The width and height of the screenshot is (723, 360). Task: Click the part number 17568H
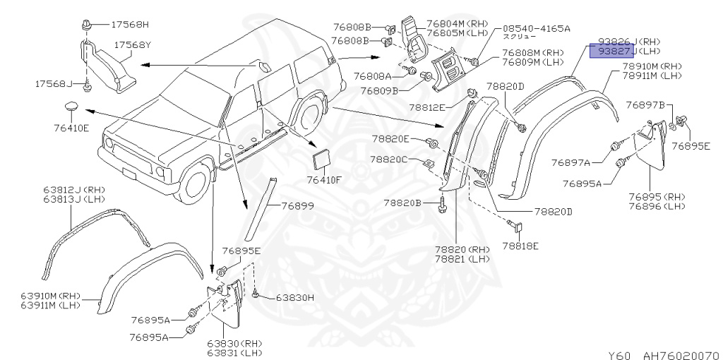[x=130, y=25]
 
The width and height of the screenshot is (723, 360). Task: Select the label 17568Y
[x=134, y=44]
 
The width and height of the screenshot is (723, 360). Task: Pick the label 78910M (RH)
[x=650, y=65]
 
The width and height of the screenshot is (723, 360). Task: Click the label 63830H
[x=294, y=297]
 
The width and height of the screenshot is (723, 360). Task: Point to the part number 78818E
[x=520, y=246]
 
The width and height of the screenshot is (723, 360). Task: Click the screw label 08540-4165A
[x=536, y=28]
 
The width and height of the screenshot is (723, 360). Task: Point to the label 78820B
[x=402, y=203]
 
